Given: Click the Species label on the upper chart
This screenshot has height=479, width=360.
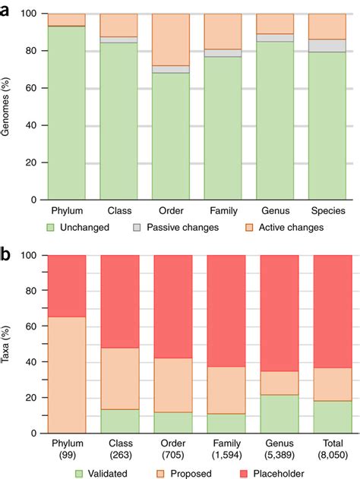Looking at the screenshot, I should coord(327,210).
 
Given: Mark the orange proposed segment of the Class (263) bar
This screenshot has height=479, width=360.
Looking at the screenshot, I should coord(120,378).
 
